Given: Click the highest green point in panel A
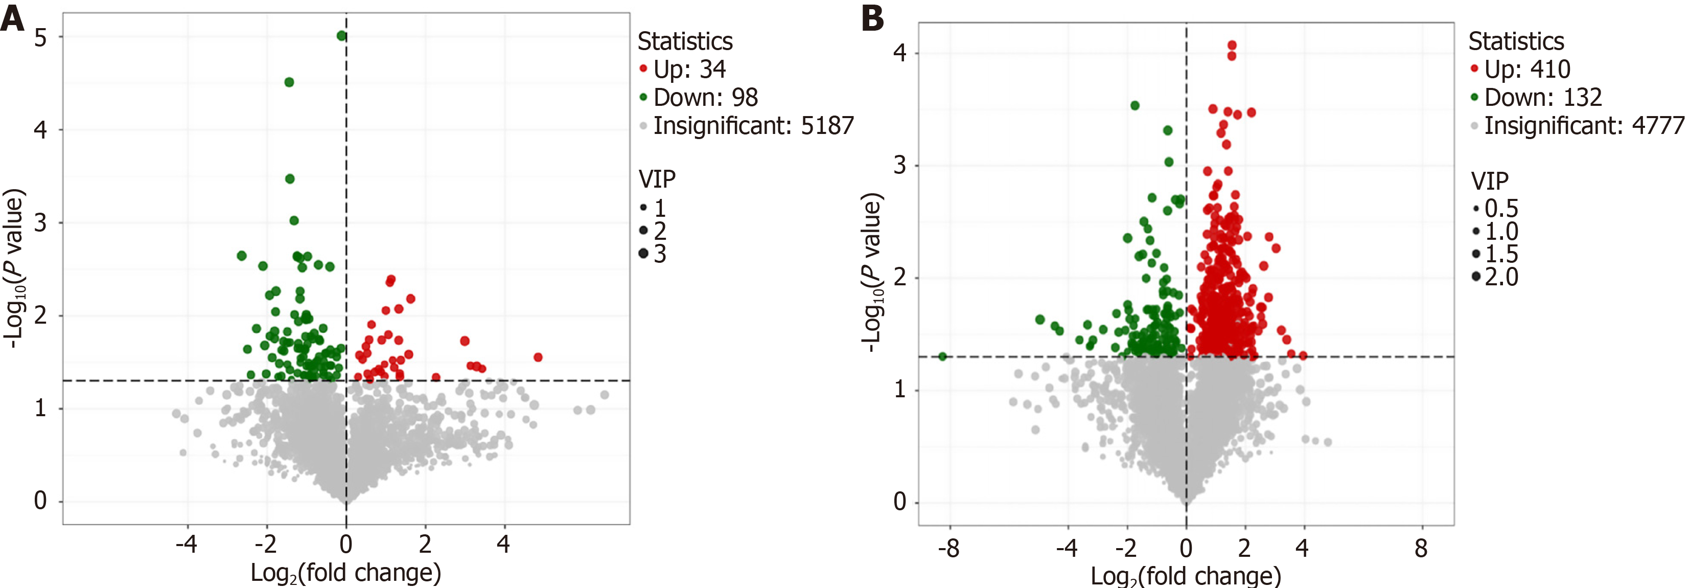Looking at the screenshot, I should point(341,35).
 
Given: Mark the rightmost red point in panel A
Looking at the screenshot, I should point(538,357).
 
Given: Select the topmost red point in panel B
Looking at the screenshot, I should point(1232,46).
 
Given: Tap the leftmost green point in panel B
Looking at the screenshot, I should point(943,356).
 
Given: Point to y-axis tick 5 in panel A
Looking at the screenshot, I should point(41,37).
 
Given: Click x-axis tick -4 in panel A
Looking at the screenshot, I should point(187,544).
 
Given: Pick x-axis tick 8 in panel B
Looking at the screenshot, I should point(1421,547).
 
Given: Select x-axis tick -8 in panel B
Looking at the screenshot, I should point(948,547).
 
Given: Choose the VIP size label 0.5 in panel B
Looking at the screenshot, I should point(1501,209).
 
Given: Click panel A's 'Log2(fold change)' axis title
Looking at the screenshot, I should point(346,573).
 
